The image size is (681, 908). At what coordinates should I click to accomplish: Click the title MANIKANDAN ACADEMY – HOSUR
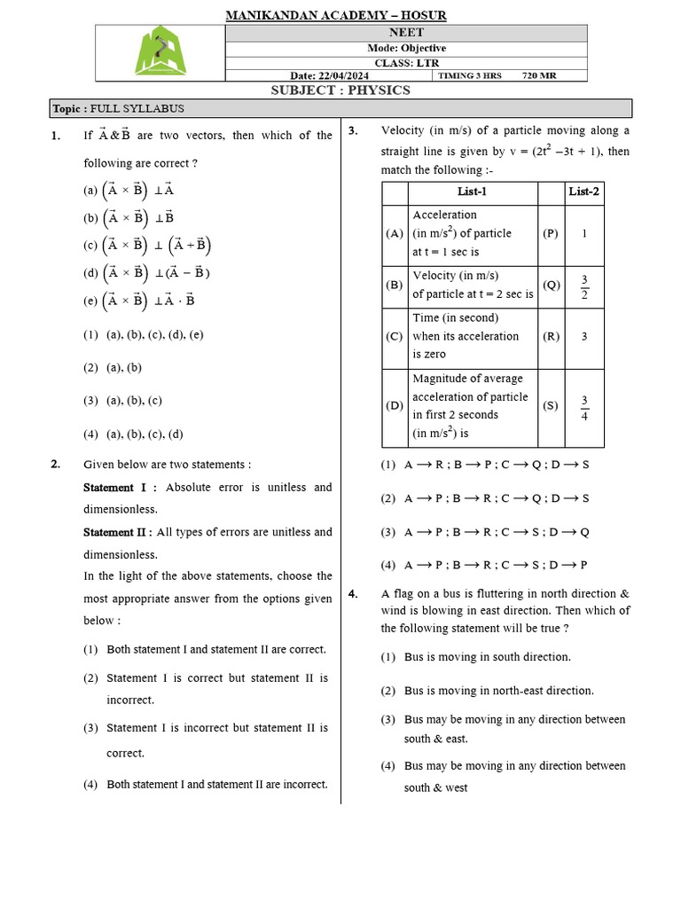(x=336, y=15)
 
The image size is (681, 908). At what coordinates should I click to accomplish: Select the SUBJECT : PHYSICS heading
(x=340, y=90)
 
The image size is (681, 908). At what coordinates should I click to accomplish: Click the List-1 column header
(x=472, y=192)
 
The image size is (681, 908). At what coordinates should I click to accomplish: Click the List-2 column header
(x=583, y=192)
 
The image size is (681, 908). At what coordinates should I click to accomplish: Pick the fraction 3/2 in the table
(x=584, y=286)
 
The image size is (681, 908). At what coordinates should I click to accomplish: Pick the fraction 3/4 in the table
(x=584, y=408)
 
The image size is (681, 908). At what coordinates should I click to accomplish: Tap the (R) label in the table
(x=551, y=337)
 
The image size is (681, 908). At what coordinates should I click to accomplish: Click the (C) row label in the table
(x=395, y=337)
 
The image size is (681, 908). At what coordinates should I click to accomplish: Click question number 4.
(x=353, y=594)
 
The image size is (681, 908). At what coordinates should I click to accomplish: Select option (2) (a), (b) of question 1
(x=113, y=367)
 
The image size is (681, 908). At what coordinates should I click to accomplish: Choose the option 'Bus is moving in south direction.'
(x=487, y=657)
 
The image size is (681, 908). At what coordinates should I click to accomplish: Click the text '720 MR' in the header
(x=539, y=75)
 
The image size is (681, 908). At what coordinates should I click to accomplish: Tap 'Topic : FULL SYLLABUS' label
(x=119, y=108)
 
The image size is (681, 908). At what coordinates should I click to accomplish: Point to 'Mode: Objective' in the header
(x=407, y=48)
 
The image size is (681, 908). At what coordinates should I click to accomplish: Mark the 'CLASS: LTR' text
(x=407, y=62)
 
